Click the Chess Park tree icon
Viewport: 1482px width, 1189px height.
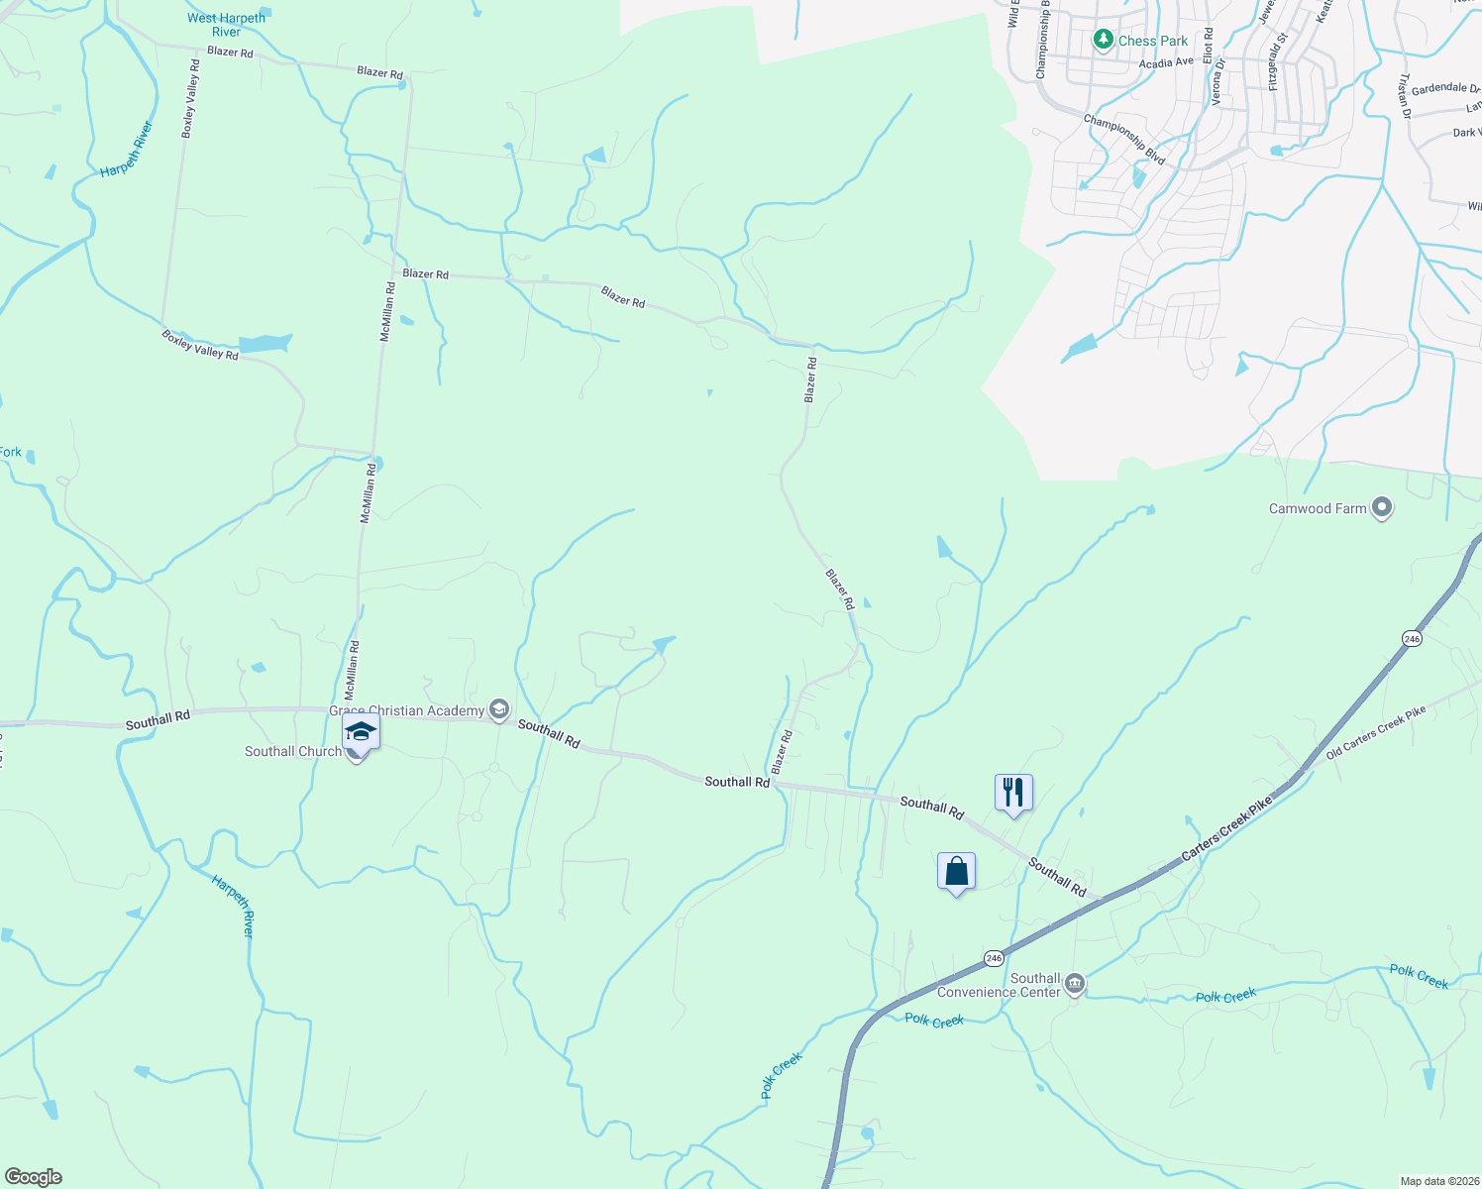[x=1103, y=40]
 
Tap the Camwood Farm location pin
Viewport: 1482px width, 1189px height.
[x=1382, y=508]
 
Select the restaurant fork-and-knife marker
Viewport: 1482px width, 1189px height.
[x=1012, y=793]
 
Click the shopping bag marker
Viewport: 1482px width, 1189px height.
[x=956, y=871]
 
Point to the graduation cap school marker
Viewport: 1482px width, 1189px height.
[x=361, y=733]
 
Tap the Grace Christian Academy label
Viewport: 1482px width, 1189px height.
[x=407, y=710]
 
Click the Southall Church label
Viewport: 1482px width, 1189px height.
[x=293, y=751]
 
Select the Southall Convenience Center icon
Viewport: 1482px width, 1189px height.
[x=1075, y=985]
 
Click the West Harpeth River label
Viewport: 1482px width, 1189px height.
[x=226, y=25]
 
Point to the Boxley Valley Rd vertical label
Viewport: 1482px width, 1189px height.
[x=190, y=97]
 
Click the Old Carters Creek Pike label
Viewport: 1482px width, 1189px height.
[x=1375, y=731]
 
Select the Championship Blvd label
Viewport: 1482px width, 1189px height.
[x=1124, y=139]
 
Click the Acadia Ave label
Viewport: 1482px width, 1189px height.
[x=1166, y=62]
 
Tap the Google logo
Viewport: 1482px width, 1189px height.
[x=33, y=1177]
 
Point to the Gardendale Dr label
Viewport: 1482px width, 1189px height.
[x=1445, y=88]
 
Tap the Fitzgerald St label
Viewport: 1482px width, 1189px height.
[x=1278, y=62]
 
